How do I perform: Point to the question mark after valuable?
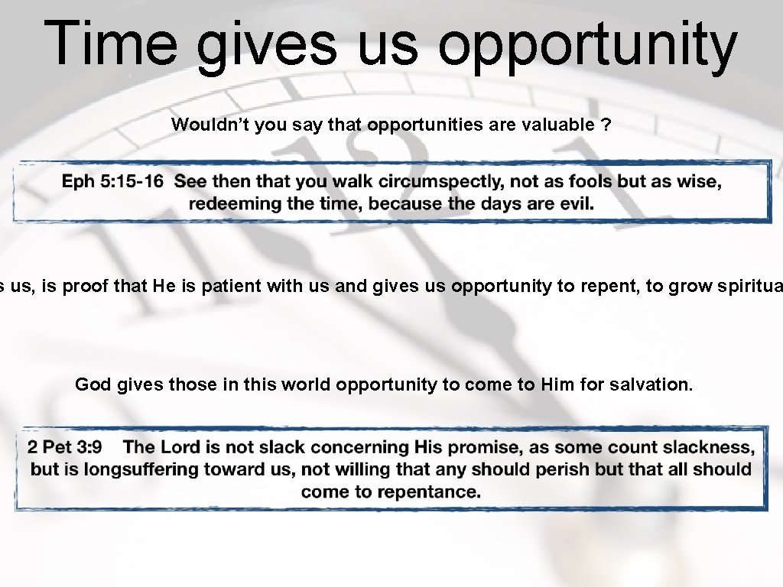tap(606, 125)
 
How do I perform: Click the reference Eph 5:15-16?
tap(112, 181)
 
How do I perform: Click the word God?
tap(93, 384)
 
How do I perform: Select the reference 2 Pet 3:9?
tap(64, 446)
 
